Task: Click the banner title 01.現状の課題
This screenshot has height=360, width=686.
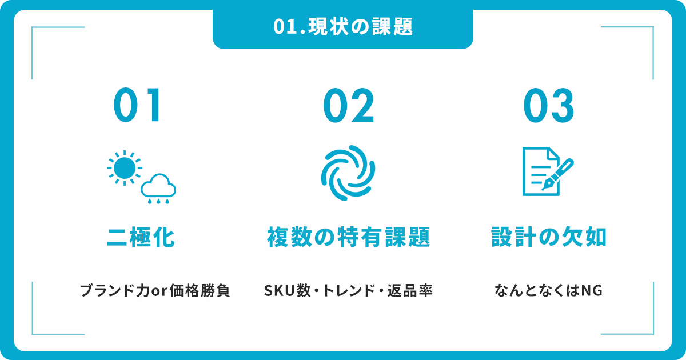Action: click(343, 27)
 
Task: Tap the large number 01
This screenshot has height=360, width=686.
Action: click(137, 105)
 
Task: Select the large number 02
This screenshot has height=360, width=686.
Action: click(349, 105)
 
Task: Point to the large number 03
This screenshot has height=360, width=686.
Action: click(548, 105)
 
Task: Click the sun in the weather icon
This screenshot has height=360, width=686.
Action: click(125, 168)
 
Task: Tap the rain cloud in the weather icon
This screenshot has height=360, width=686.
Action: click(158, 188)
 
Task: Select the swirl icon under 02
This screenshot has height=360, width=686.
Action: click(348, 173)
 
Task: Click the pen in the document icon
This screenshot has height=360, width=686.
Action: click(558, 174)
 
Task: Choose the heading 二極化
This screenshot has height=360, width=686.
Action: click(141, 237)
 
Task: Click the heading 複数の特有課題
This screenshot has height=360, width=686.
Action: click(349, 237)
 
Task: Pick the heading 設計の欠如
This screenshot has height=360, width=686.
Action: click(548, 237)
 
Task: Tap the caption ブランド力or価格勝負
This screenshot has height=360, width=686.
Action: click(155, 290)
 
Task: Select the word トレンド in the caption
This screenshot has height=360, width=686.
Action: click(349, 290)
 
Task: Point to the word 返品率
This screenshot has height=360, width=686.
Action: click(410, 290)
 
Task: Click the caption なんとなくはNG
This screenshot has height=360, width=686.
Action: click(548, 290)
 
